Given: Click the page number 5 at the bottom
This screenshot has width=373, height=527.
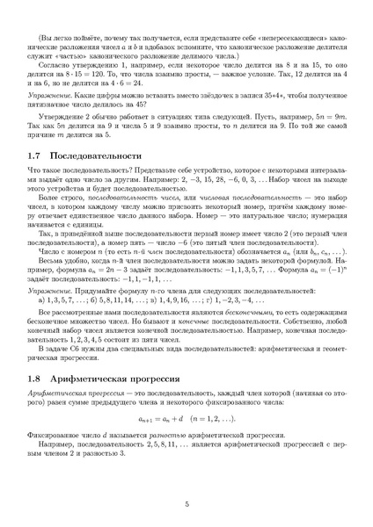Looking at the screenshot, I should coord(186,503).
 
